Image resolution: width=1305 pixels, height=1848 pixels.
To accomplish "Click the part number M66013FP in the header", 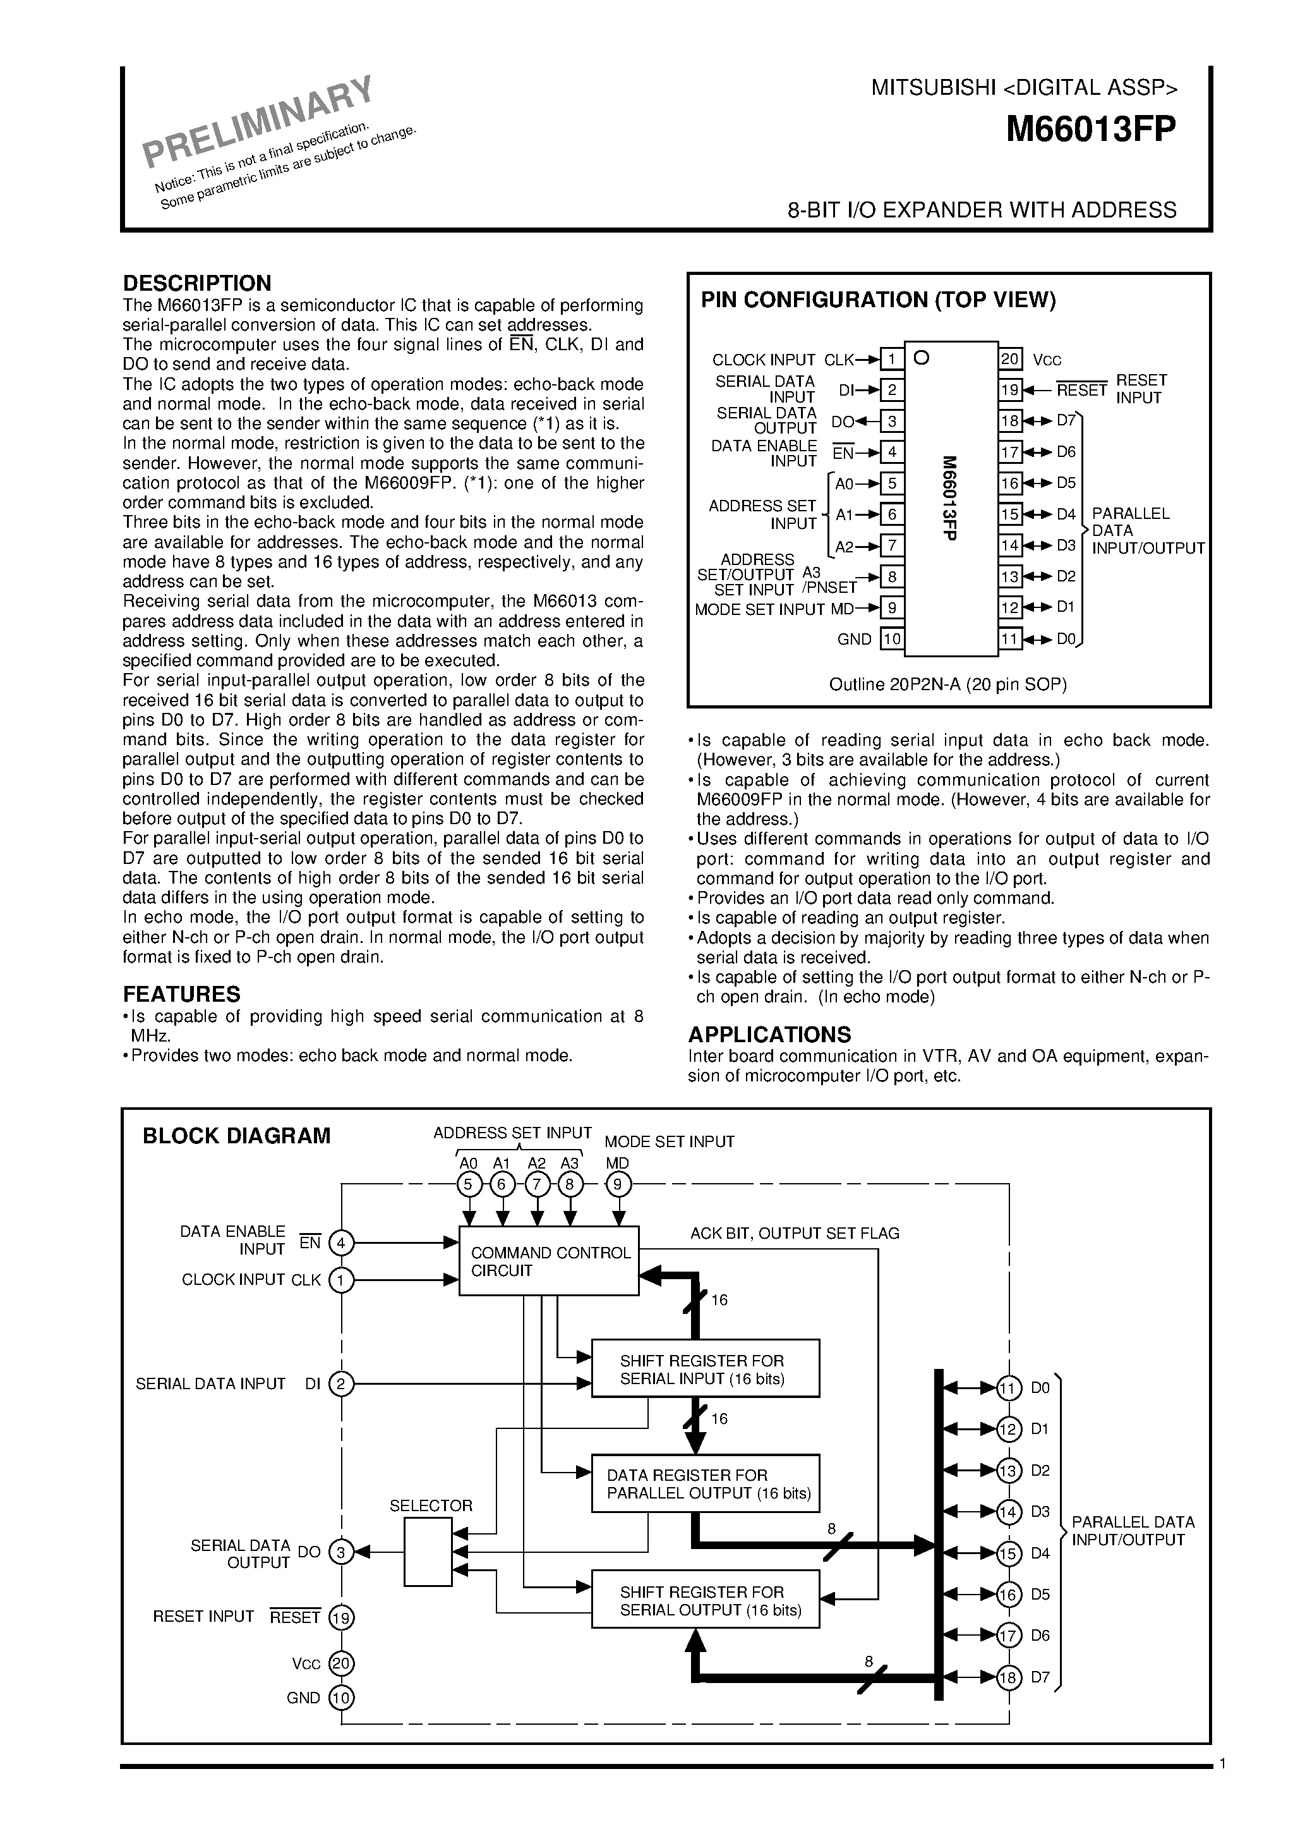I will coord(1091,129).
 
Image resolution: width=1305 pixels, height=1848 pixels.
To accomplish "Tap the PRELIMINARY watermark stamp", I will coord(258,121).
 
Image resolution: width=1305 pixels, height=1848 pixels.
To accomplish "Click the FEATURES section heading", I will coord(182,994).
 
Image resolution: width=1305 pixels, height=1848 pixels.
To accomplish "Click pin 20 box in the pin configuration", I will coord(1010,359).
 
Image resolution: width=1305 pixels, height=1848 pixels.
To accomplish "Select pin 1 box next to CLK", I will coord(891,359).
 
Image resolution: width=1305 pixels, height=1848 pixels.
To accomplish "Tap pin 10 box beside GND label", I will coord(891,639).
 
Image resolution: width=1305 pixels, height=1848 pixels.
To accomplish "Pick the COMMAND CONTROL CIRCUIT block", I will coord(549,1261).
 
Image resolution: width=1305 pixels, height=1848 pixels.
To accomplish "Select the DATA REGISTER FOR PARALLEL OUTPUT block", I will coord(705,1483).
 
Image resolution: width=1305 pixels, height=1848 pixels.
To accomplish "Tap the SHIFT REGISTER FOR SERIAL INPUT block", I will coord(705,1368).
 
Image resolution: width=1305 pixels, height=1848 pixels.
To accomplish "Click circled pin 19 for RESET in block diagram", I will coord(342,1617).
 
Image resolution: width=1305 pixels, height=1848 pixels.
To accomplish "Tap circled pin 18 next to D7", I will coord(1008,1677).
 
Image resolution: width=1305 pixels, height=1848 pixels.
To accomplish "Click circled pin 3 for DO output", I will coord(342,1552).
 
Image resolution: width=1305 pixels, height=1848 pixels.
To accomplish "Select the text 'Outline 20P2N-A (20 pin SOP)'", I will coord(947,685).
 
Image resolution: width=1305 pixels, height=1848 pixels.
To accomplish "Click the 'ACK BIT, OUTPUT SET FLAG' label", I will coord(795,1233).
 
